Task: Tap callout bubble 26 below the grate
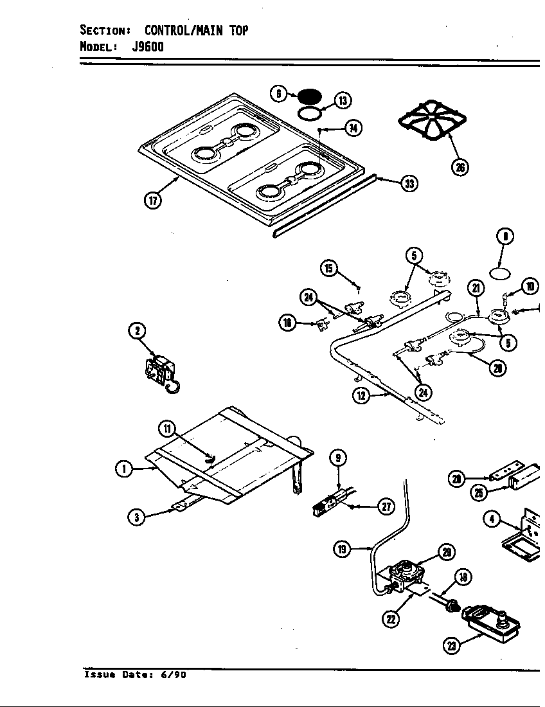tap(459, 168)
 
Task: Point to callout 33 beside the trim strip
tap(407, 184)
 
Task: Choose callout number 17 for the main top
tap(152, 199)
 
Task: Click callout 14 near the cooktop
tap(353, 128)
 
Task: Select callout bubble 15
tap(329, 268)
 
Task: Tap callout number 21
tap(476, 288)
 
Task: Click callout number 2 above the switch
tap(137, 331)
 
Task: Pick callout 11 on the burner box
tap(166, 429)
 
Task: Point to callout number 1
tap(123, 469)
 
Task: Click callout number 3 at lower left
tap(136, 517)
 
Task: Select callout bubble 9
tap(338, 458)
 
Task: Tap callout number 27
tap(386, 507)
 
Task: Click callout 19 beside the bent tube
tap(342, 548)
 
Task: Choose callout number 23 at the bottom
tap(454, 647)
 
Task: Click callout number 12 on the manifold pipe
tap(361, 395)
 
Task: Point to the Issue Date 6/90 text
tap(136, 676)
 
